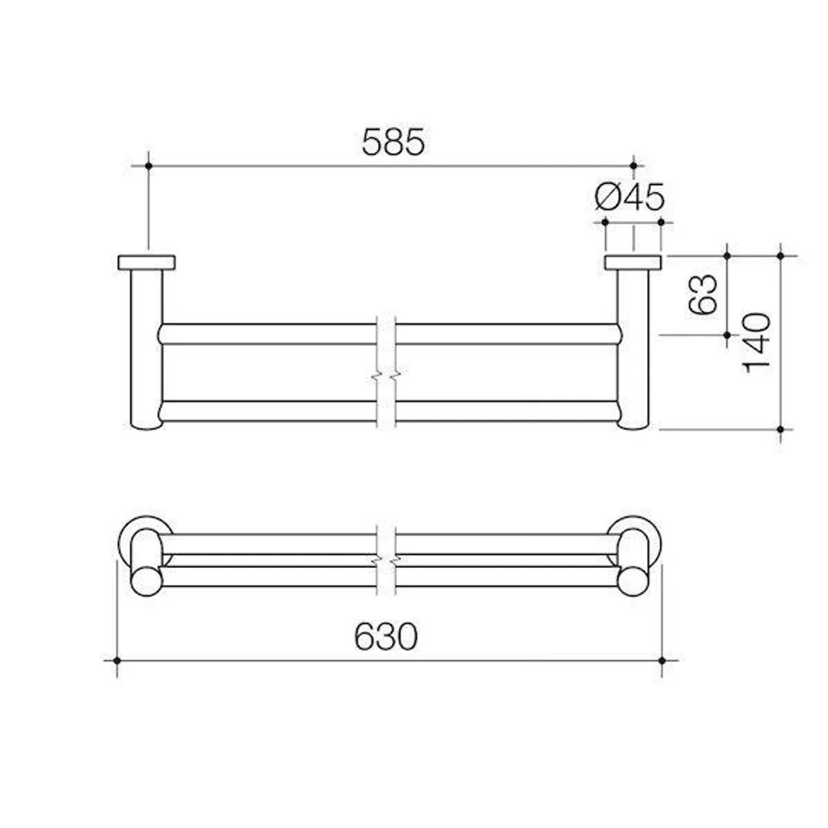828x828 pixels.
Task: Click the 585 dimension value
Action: (393, 143)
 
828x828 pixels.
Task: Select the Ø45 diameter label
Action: (629, 198)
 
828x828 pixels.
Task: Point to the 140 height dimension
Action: (757, 342)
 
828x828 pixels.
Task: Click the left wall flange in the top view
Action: (146, 262)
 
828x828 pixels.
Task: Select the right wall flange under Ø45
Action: (632, 262)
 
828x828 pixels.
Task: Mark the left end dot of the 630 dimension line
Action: (117, 659)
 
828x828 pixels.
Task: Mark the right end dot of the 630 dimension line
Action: (662, 659)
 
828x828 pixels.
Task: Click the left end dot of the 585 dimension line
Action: (148, 166)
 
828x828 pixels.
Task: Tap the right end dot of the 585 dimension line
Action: (633, 166)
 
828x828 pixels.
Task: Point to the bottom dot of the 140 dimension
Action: (780, 429)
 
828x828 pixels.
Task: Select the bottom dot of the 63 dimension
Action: (728, 334)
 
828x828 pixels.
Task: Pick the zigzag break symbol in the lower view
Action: (386, 561)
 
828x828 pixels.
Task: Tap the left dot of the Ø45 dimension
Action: (606, 222)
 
